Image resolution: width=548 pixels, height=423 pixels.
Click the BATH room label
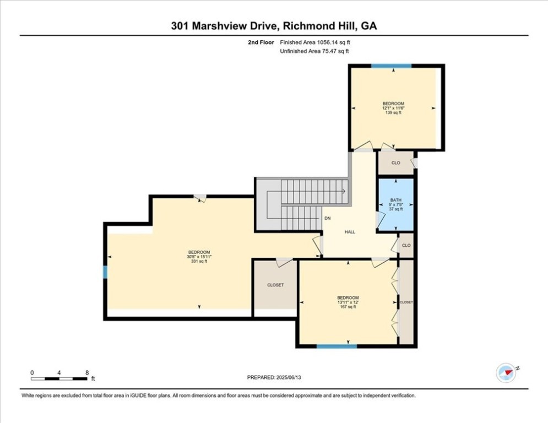pyautogui.click(x=395, y=200)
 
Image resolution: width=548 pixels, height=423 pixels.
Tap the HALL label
pyautogui.click(x=350, y=232)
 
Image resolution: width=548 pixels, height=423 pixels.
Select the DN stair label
pyautogui.click(x=327, y=218)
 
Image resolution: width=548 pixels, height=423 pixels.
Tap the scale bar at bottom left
pyautogui.click(x=59, y=378)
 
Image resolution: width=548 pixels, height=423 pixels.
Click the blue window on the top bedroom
pyautogui.click(x=391, y=66)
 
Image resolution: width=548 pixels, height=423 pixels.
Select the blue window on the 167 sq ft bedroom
pyautogui.click(x=337, y=346)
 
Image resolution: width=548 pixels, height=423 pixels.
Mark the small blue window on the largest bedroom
pyautogui.click(x=105, y=273)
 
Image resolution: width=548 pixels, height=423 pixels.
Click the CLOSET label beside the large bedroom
pyautogui.click(x=275, y=285)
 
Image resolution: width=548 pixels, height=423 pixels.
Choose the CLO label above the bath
pyautogui.click(x=395, y=163)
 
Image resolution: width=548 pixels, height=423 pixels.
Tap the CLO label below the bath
pyautogui.click(x=406, y=245)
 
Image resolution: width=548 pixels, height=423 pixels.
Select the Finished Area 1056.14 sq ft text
pyautogui.click(x=314, y=42)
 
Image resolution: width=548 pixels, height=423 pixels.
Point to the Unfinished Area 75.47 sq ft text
pyautogui.click(x=314, y=51)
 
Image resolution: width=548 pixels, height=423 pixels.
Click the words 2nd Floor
pyautogui.click(x=262, y=42)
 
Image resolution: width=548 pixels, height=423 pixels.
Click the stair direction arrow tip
pyautogui.click(x=344, y=191)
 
